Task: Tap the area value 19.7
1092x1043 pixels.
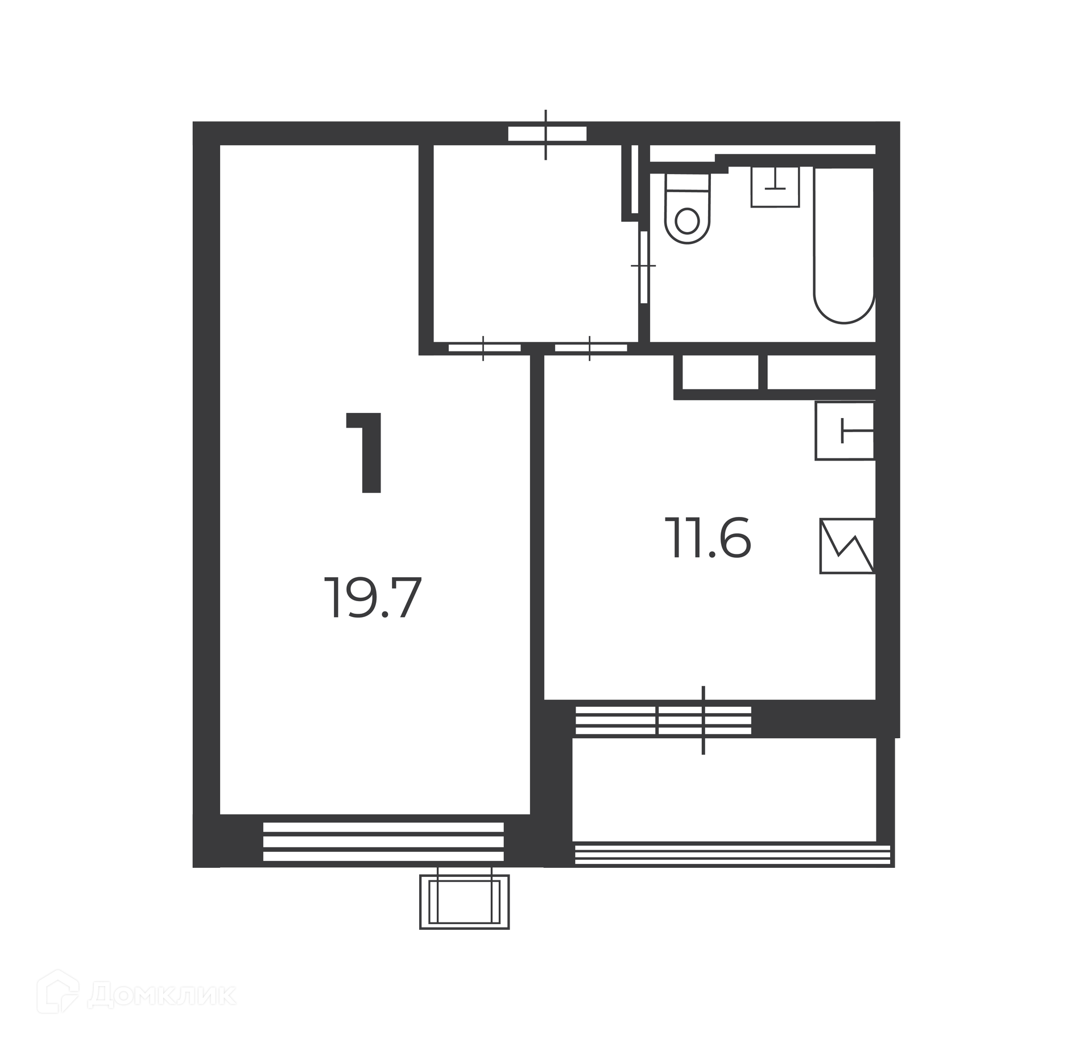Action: (373, 598)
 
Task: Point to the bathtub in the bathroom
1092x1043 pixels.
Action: (845, 246)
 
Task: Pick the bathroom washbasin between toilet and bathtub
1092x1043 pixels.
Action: (775, 187)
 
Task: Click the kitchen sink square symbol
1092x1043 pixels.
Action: (845, 431)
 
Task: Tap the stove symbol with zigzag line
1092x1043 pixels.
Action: (847, 546)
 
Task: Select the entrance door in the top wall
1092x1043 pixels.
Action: (547, 134)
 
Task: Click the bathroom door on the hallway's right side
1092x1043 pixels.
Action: (644, 267)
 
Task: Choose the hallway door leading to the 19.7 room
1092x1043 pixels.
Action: (485, 348)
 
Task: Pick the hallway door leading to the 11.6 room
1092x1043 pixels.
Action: (591, 348)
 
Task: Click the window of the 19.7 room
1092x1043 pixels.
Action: (383, 842)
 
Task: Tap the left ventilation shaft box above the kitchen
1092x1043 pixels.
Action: (720, 372)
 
